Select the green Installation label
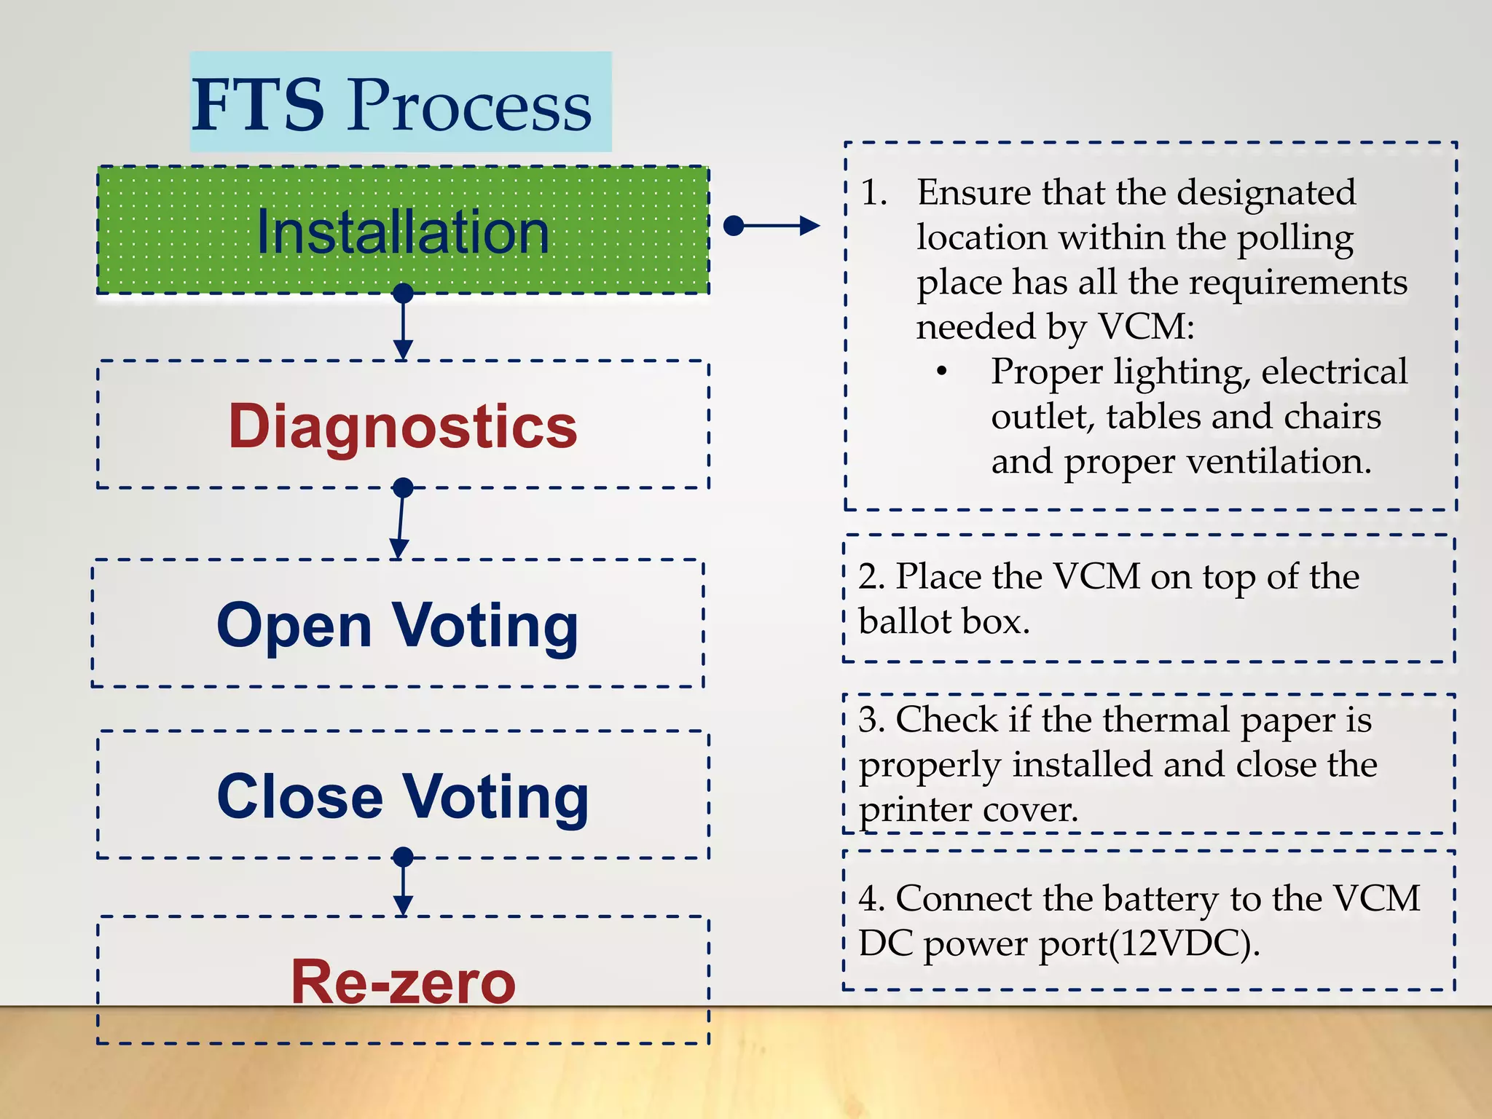403,232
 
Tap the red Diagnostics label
403,426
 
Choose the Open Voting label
398,625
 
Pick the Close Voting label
403,796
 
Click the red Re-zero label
403,982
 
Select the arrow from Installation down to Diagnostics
403,324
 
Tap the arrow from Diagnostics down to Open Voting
401,521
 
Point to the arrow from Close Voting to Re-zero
403,885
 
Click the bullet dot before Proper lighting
942,372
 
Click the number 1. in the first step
873,193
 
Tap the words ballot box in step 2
944,621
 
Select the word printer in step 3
915,810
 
